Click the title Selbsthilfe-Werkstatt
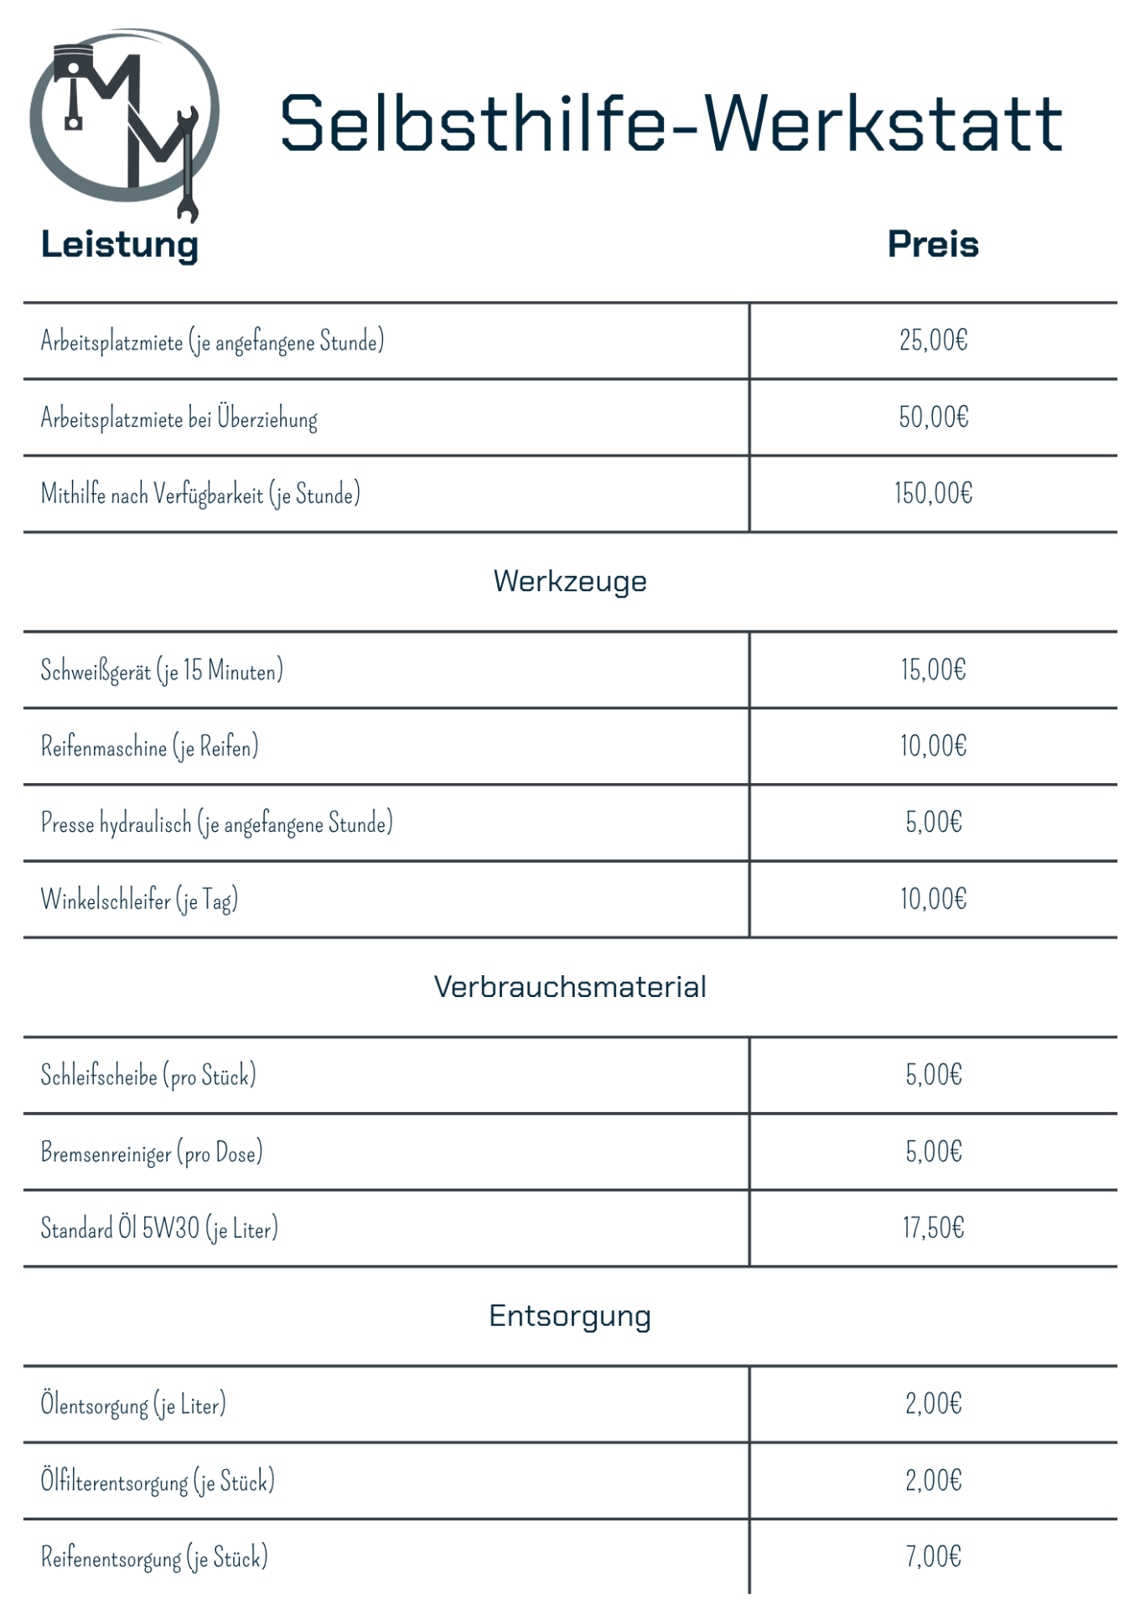click(x=671, y=123)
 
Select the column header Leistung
click(x=120, y=245)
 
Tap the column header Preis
click(x=933, y=245)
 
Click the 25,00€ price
click(x=933, y=340)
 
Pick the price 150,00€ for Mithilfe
click(x=933, y=494)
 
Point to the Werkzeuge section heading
click(x=570, y=581)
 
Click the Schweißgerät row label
click(x=162, y=671)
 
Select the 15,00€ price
click(x=933, y=670)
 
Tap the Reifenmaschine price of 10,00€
click(x=933, y=746)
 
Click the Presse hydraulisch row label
click(x=216, y=823)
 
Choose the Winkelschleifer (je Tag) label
click(x=139, y=900)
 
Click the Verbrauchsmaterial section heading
click(x=570, y=987)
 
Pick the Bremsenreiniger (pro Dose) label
click(x=152, y=1153)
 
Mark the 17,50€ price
click(x=933, y=1228)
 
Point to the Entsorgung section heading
click(x=570, y=1316)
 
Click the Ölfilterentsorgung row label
click(x=158, y=1482)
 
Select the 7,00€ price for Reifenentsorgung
click(x=933, y=1557)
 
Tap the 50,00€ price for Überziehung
click(x=933, y=418)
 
